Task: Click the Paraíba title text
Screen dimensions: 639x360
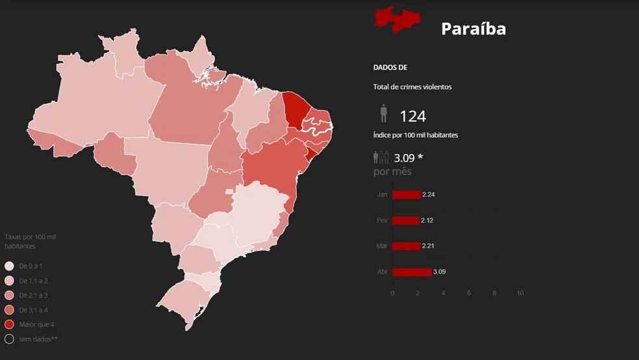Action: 473,29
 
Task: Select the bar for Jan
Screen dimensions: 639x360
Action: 407,194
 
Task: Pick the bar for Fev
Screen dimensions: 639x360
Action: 406,220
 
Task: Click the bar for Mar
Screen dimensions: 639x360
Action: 407,246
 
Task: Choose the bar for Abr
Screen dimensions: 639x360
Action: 412,272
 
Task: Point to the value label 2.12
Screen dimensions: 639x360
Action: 427,220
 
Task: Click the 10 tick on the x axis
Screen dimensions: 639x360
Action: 520,293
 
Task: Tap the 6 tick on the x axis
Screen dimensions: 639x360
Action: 469,293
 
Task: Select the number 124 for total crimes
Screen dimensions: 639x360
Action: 412,116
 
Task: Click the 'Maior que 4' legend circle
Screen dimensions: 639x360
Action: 9,324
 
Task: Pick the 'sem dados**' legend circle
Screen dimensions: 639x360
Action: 9,339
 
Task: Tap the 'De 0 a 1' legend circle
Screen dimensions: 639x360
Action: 9,266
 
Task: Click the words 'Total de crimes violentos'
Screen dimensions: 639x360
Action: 412,87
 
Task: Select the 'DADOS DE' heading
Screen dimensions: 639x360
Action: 390,68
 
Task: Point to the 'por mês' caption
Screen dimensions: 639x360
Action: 392,172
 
